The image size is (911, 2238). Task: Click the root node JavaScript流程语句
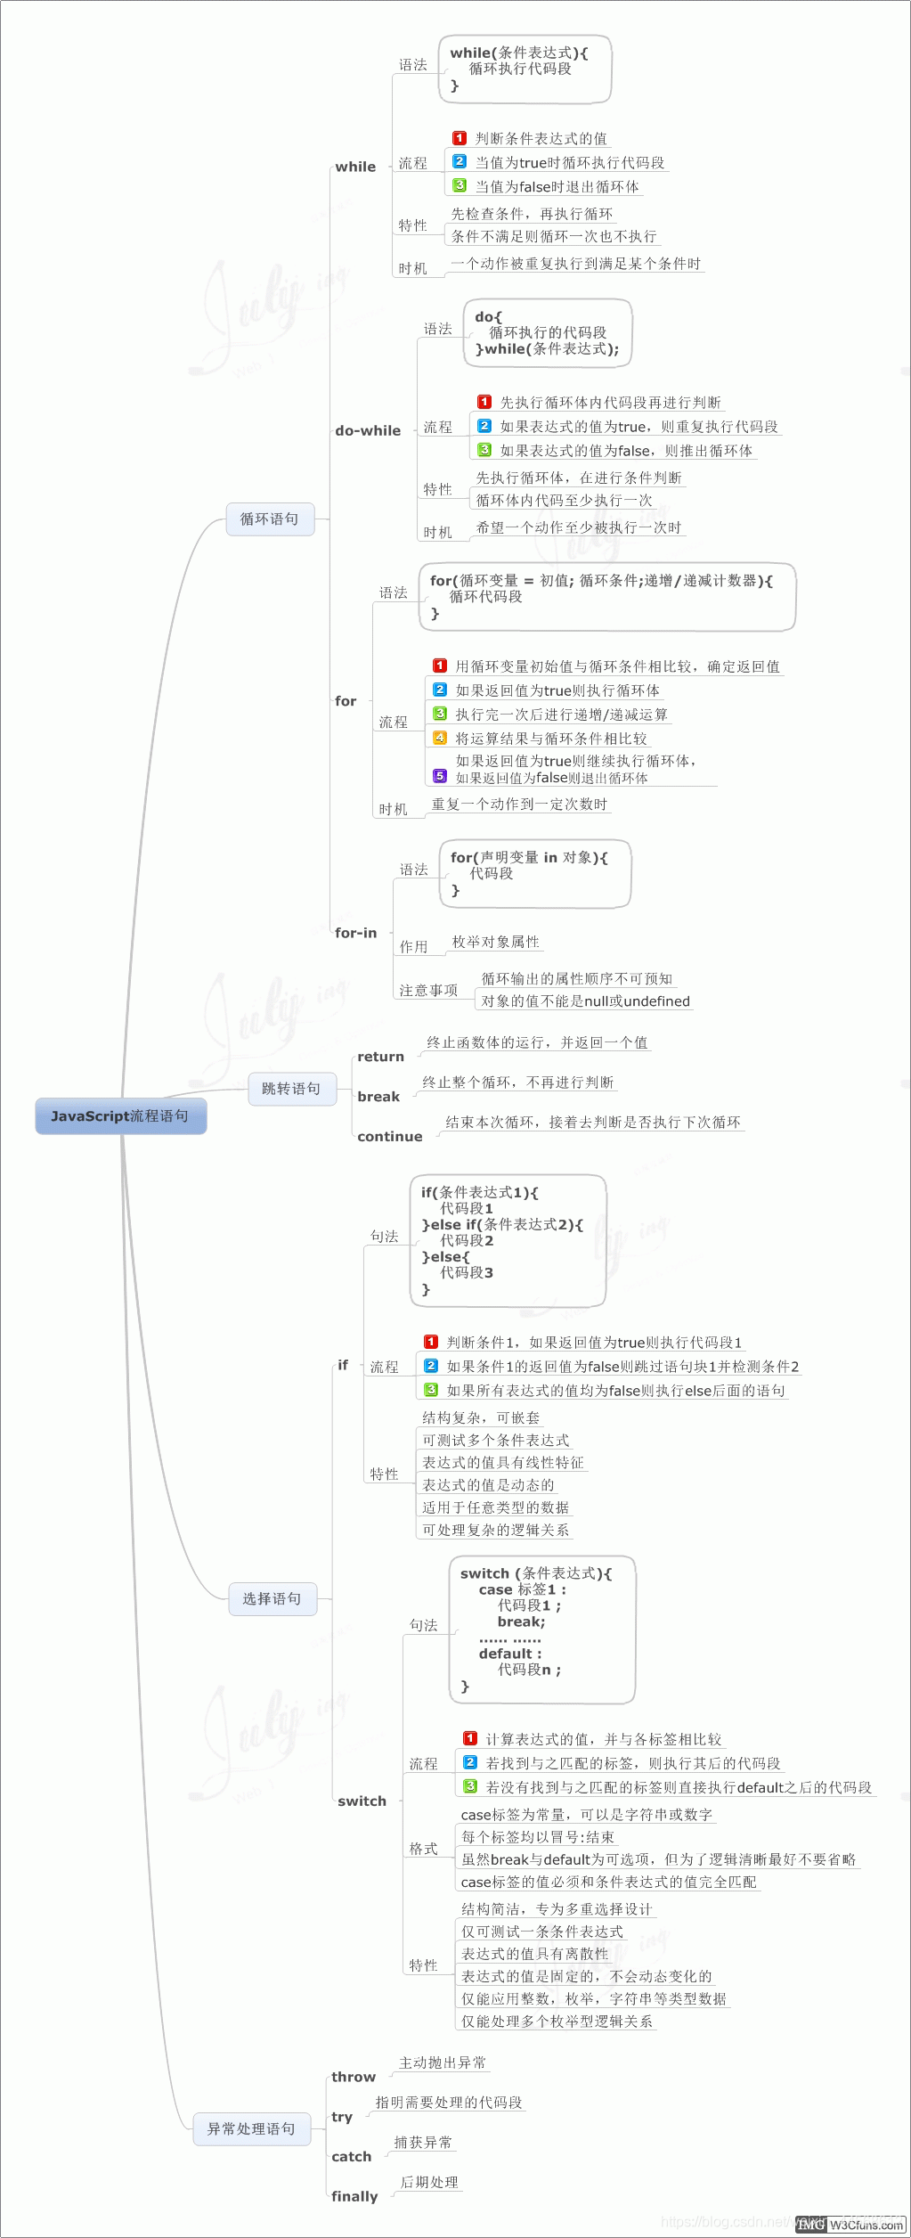click(120, 1116)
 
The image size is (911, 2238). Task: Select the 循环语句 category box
click(270, 519)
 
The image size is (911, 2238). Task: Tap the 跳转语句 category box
click(291, 1089)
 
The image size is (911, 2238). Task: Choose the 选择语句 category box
click(272, 1599)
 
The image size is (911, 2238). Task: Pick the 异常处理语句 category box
click(250, 2128)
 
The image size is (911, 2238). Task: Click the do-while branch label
click(368, 430)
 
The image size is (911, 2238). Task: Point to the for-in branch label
click(355, 933)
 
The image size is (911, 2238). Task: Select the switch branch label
click(362, 1801)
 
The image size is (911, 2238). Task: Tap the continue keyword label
click(389, 1137)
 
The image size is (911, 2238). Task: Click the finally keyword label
click(354, 2196)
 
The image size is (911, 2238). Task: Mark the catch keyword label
click(351, 2156)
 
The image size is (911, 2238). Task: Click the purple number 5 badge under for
click(439, 776)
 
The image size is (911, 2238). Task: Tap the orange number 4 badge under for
click(439, 738)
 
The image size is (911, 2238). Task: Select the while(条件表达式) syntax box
click(525, 69)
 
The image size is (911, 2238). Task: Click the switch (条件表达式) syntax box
click(541, 1629)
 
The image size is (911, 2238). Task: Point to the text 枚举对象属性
click(495, 942)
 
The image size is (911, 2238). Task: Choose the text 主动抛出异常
click(443, 2062)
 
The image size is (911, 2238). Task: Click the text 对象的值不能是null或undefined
click(585, 1001)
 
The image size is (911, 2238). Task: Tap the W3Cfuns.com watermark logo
click(866, 2225)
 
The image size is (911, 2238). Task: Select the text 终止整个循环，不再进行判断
click(517, 1082)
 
